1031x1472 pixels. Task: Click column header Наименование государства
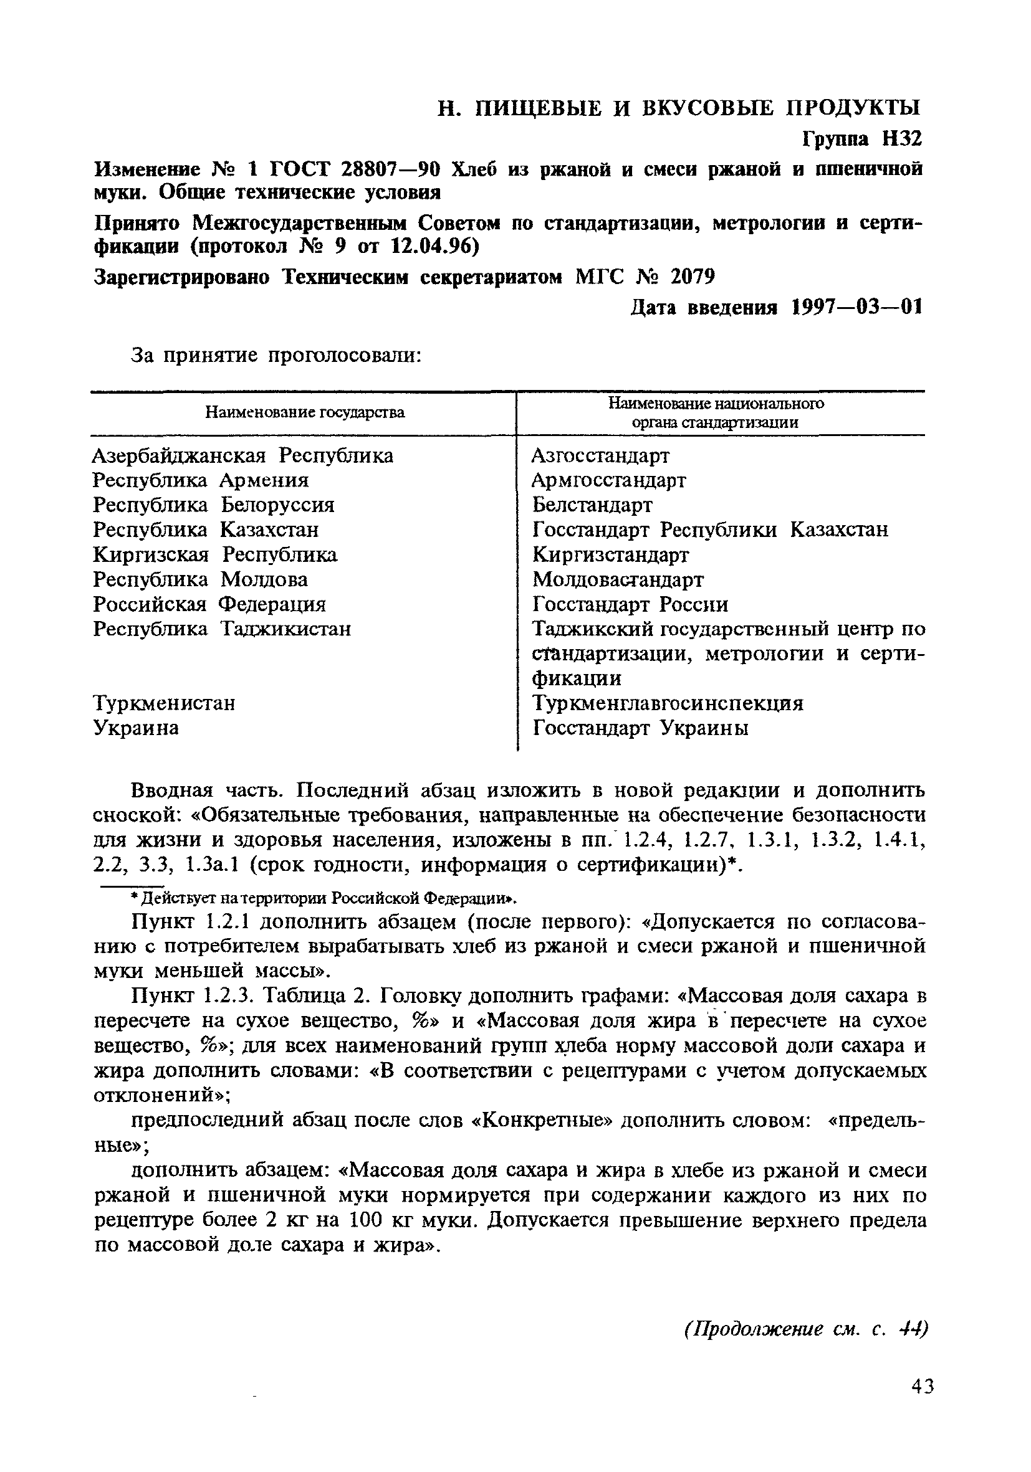305,412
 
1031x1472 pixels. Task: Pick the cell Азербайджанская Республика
242,456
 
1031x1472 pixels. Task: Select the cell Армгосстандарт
609,480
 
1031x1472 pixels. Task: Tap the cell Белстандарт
592,505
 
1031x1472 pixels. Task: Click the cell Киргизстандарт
611,554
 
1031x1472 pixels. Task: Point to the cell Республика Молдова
200,579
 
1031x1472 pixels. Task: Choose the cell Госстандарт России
630,605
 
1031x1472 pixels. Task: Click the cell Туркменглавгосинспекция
668,703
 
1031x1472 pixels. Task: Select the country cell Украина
136,728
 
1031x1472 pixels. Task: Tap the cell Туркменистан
164,703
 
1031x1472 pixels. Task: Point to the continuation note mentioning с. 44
806,1329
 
